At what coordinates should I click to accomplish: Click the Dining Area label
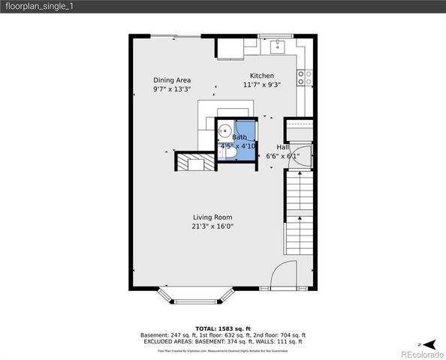(172, 80)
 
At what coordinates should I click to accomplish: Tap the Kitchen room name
(262, 76)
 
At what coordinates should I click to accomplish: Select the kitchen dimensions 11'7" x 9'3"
(262, 85)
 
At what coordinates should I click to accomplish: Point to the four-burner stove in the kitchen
(304, 76)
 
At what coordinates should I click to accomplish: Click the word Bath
(239, 137)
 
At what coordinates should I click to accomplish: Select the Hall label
(282, 147)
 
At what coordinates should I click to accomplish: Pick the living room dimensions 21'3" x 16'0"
(212, 226)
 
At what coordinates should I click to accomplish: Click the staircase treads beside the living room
(298, 211)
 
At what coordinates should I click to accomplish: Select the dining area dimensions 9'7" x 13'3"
(172, 90)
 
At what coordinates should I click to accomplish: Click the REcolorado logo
(420, 353)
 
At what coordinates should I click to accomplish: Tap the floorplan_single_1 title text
(39, 6)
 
